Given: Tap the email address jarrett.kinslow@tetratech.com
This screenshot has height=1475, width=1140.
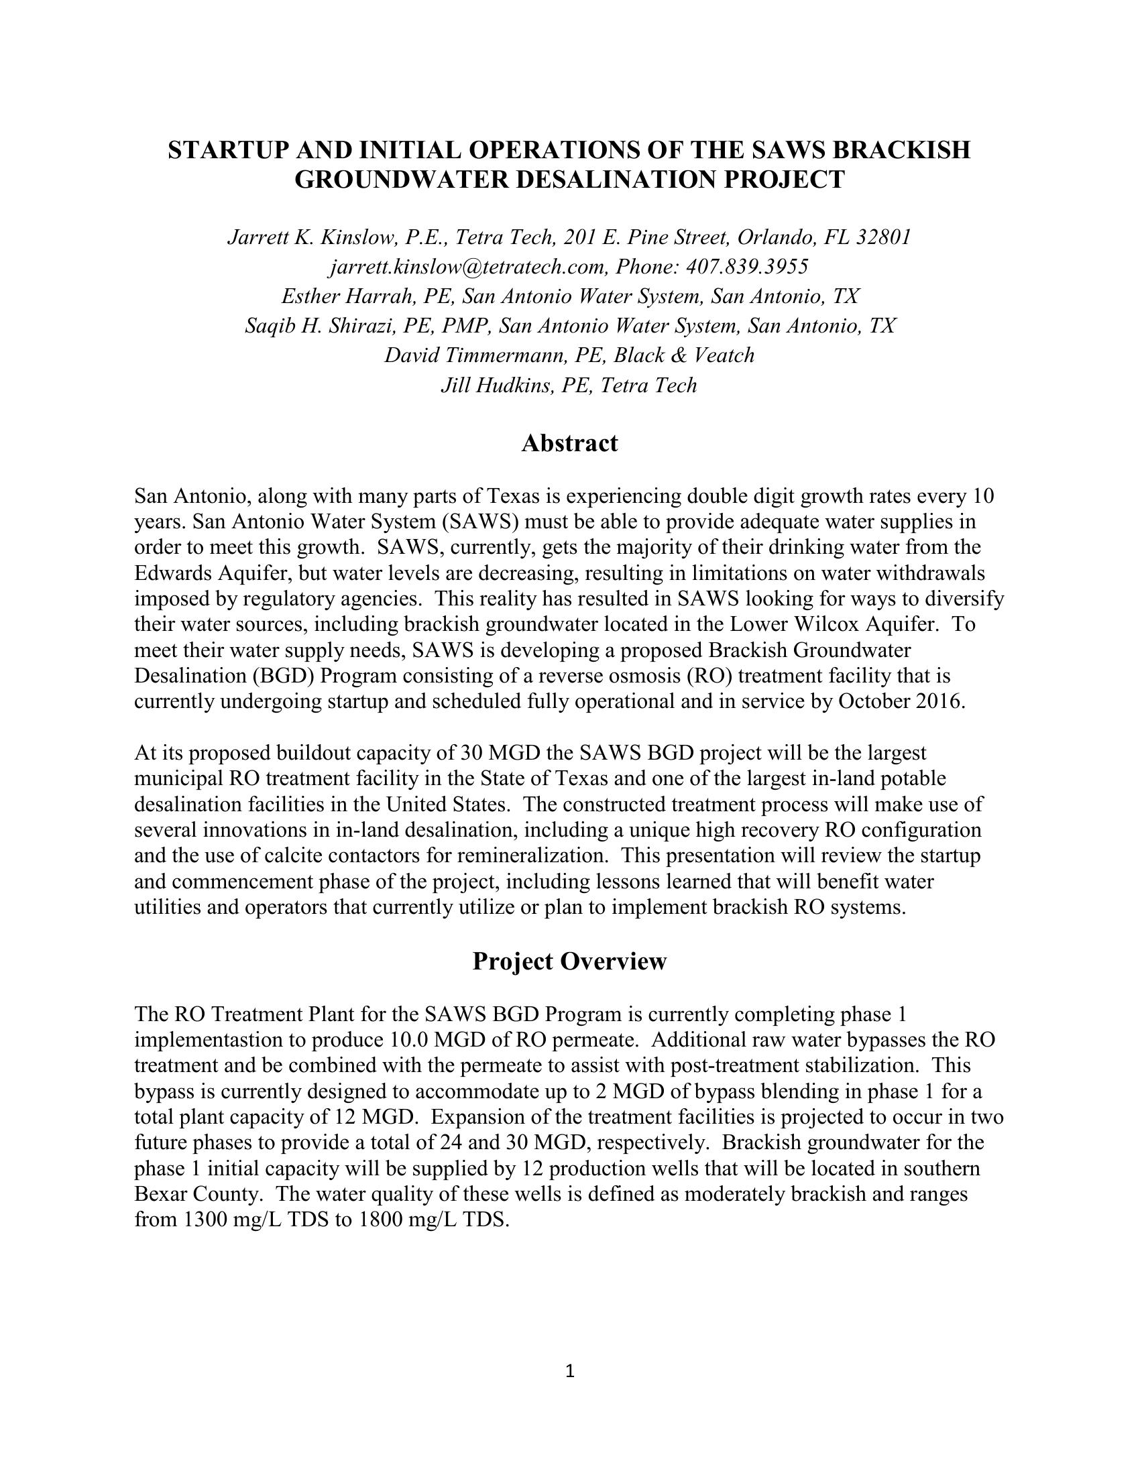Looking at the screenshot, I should coord(469,267).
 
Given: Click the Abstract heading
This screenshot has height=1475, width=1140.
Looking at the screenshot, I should coord(569,443).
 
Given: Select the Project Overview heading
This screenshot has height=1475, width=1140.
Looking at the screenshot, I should coord(569,960).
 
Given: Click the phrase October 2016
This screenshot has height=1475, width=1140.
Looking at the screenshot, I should coord(901,701).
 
